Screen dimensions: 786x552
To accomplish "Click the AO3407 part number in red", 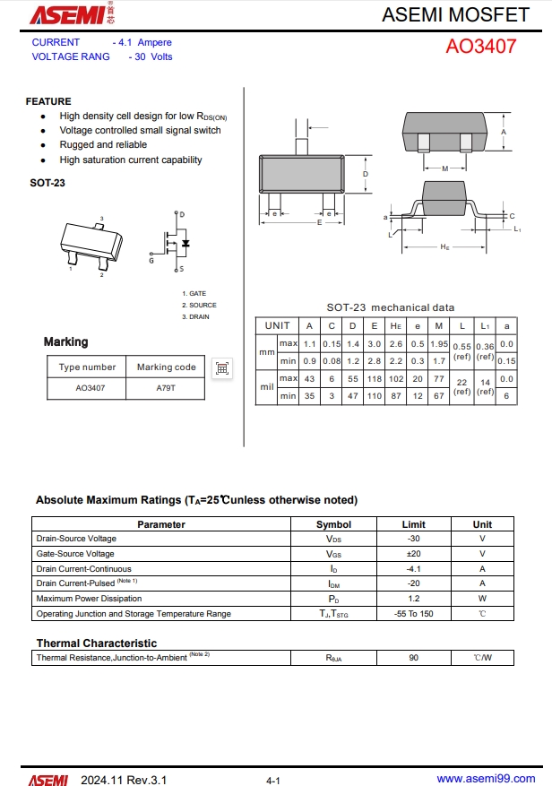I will [480, 46].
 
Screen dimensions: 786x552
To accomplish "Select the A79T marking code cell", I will [166, 388].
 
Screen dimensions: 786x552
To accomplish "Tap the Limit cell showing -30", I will [413, 539].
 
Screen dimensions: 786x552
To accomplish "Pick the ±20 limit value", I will [413, 554].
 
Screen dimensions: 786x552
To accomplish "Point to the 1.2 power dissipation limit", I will [413, 599].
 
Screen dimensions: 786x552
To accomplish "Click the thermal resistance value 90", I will [413, 658].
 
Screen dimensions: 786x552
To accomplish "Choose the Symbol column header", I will [333, 524].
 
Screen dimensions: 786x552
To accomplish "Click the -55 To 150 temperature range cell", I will [413, 614].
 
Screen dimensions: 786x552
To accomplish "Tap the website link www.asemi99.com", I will [486, 779].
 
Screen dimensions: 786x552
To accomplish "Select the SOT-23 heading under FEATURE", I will [47, 183].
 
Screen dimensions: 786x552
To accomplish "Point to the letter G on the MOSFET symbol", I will [151, 261].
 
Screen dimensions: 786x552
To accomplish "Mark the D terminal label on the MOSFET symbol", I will [182, 215].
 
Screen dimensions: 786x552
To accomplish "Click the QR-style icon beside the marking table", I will [222, 367].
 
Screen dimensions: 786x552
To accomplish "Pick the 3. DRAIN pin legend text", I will [195, 316].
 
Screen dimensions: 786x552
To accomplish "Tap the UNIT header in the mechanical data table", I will [278, 325].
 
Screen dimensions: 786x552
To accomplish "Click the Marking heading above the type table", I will [66, 341].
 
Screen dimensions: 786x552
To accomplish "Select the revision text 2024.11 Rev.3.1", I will [124, 780].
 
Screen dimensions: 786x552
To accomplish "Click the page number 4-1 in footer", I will [274, 781].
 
